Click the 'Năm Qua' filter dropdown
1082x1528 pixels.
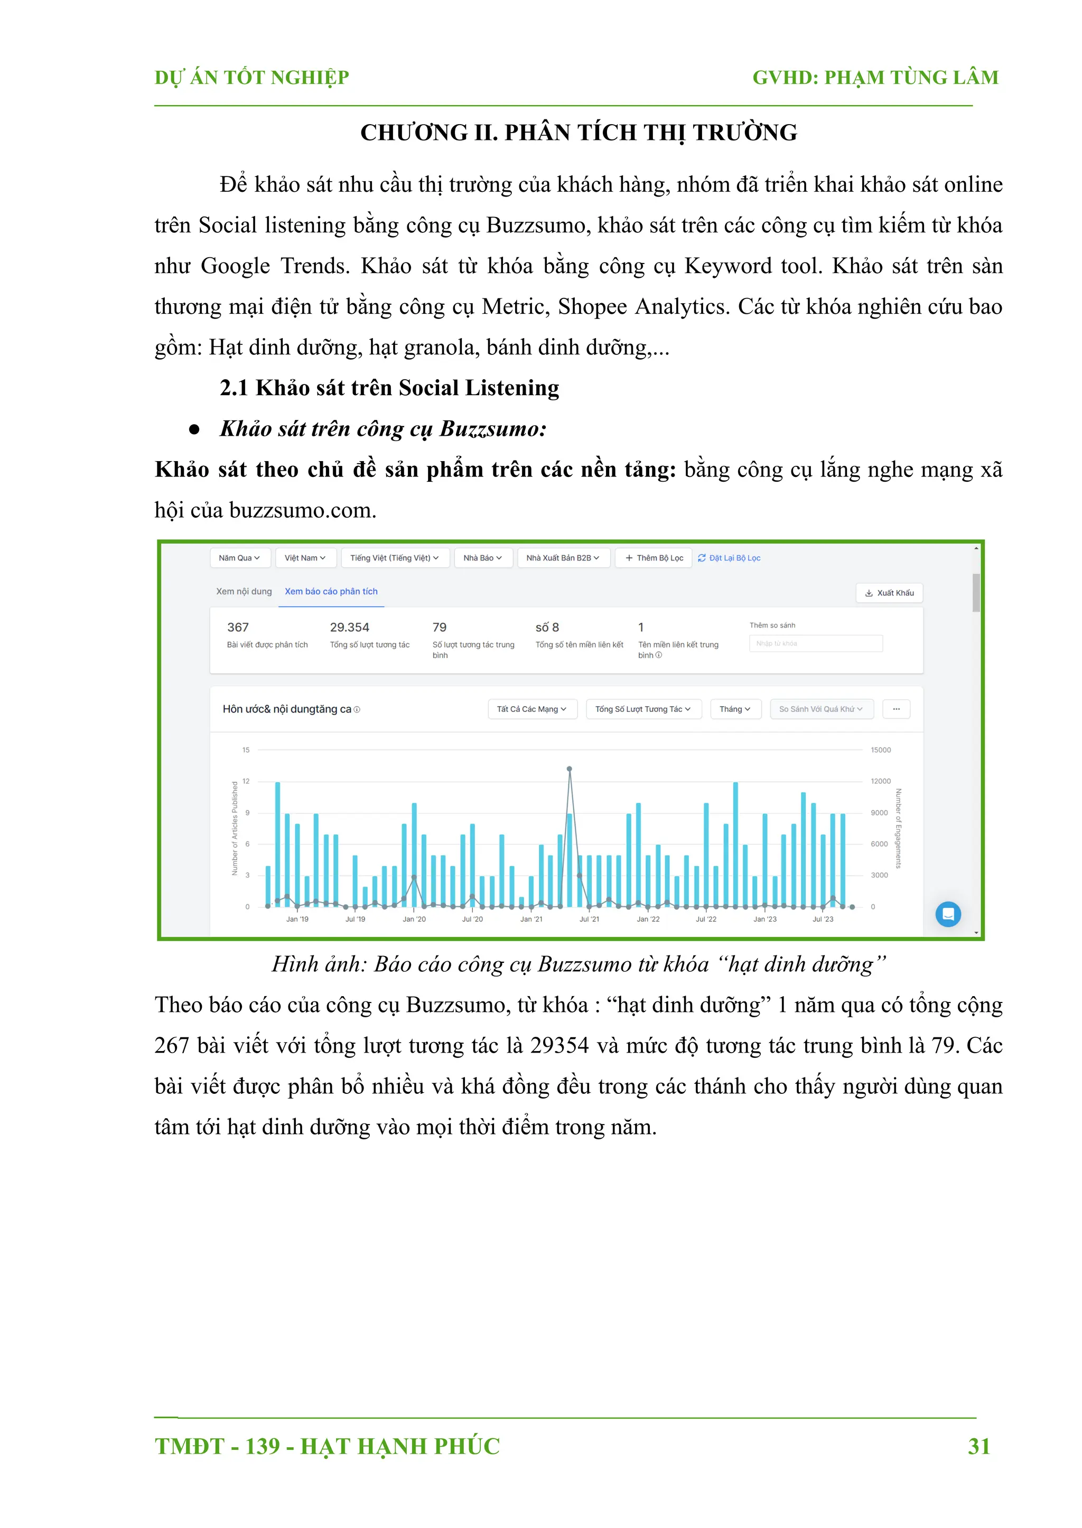pyautogui.click(x=239, y=558)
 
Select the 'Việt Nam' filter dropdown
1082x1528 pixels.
pyautogui.click(x=305, y=558)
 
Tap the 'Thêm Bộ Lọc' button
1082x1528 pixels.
pyautogui.click(x=654, y=558)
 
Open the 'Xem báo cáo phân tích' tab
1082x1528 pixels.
pyautogui.click(x=331, y=592)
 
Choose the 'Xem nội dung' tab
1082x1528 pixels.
pyautogui.click(x=244, y=592)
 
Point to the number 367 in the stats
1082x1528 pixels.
pyautogui.click(x=238, y=627)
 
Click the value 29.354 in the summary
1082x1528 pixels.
pyautogui.click(x=349, y=627)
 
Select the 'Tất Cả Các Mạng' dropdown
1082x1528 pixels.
pyautogui.click(x=531, y=709)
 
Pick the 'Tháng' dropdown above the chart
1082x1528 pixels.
pyautogui.click(x=735, y=709)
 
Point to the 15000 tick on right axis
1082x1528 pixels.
pyautogui.click(x=880, y=750)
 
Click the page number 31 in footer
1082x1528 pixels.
pyautogui.click(x=979, y=1446)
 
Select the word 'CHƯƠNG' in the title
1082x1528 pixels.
pyautogui.click(x=414, y=133)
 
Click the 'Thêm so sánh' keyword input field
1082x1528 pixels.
pyautogui.click(x=816, y=643)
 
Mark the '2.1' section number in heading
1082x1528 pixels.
pyautogui.click(x=234, y=388)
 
